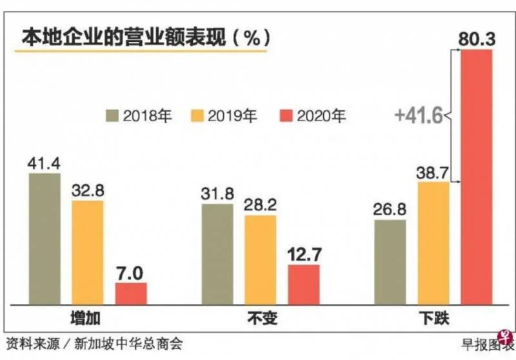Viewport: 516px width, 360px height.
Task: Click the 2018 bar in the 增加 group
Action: (45, 239)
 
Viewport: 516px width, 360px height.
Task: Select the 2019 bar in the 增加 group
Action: (87, 252)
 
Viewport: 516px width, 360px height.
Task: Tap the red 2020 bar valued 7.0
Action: (131, 293)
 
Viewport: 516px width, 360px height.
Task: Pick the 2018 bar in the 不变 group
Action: (217, 254)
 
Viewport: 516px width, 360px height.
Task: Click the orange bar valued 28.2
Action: (260, 259)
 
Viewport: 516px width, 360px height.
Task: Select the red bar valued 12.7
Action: (303, 284)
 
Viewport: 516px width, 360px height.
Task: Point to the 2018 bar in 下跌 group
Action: (390, 262)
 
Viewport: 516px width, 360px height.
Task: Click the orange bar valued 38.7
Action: (433, 243)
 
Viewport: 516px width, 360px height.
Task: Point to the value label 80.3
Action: (477, 39)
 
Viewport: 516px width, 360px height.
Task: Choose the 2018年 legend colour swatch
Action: (114, 116)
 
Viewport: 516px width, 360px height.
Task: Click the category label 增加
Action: (87, 318)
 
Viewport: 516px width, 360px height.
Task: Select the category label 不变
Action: (260, 318)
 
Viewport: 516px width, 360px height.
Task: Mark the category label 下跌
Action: (433, 318)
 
